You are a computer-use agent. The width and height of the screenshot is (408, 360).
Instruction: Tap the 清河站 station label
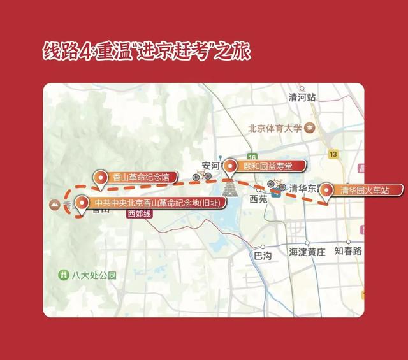click(x=302, y=97)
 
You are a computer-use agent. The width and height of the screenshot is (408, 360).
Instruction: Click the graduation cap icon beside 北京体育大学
click(x=309, y=127)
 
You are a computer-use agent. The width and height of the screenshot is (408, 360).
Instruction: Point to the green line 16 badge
click(x=252, y=157)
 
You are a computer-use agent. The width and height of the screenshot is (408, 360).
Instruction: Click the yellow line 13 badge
click(x=333, y=154)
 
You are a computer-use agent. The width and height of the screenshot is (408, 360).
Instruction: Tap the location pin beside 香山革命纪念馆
click(x=100, y=178)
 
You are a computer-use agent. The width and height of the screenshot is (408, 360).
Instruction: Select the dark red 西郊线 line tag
click(x=140, y=215)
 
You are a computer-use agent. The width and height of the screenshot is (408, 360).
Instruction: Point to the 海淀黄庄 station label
click(x=307, y=252)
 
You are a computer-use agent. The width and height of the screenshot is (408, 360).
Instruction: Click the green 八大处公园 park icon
click(x=63, y=275)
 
